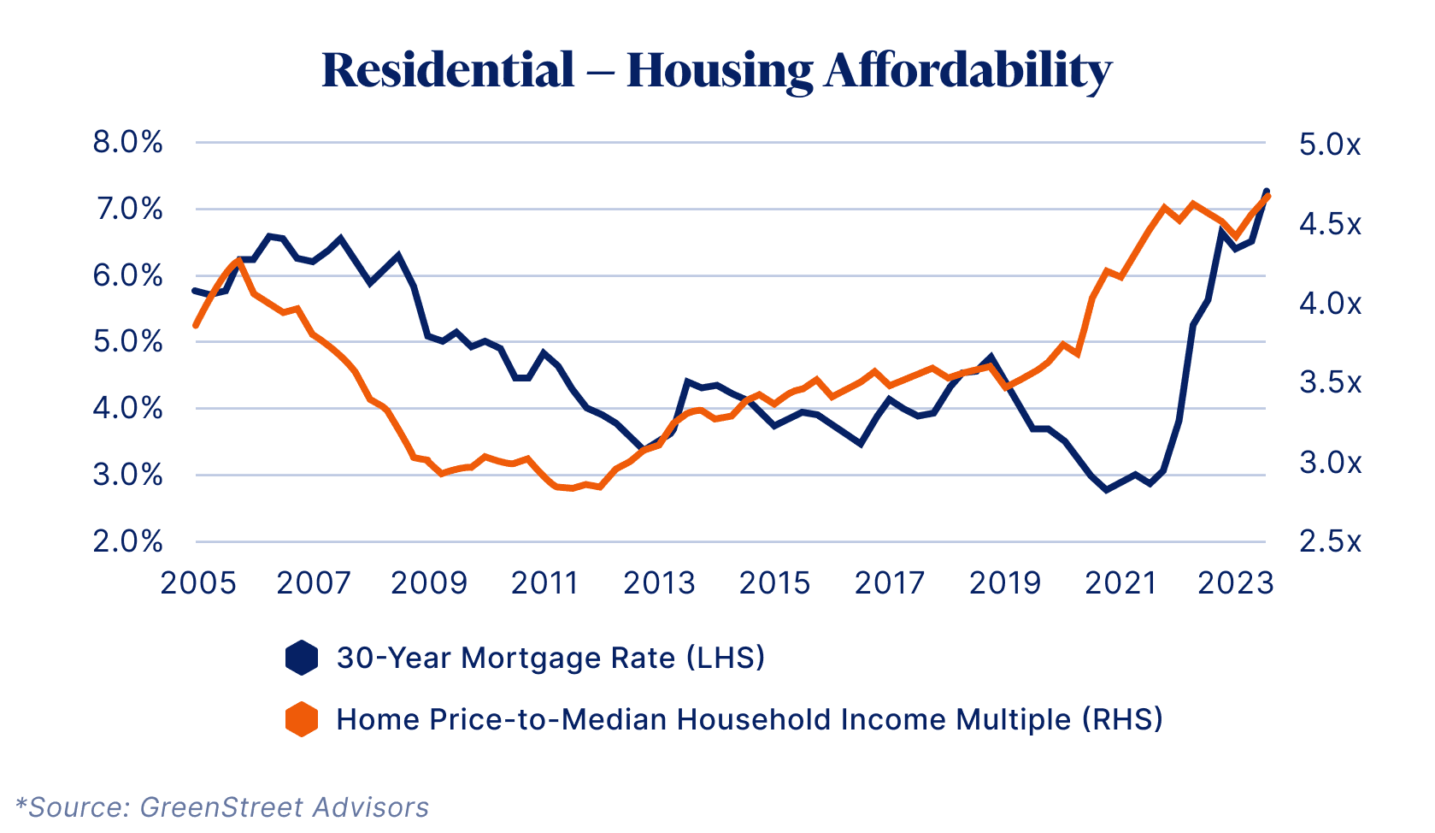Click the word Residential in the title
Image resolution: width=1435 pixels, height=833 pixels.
pyautogui.click(x=448, y=70)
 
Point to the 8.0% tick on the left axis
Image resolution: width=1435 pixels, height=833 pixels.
pyautogui.click(x=127, y=142)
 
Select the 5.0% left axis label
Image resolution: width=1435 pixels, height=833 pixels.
pyautogui.click(x=127, y=342)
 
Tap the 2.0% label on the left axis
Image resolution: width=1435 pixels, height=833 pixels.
pyautogui.click(x=127, y=541)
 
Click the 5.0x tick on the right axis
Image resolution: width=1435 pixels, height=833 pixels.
pyautogui.click(x=1330, y=145)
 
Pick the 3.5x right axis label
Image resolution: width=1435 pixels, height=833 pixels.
pyautogui.click(x=1330, y=382)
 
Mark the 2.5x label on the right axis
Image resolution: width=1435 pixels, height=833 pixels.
pyautogui.click(x=1330, y=541)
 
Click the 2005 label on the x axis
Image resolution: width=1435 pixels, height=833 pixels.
pyautogui.click(x=198, y=583)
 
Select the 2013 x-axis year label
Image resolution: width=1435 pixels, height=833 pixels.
pyautogui.click(x=659, y=583)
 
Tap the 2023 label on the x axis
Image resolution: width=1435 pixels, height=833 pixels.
pyautogui.click(x=1235, y=583)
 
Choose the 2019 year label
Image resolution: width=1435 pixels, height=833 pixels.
pyautogui.click(x=1005, y=583)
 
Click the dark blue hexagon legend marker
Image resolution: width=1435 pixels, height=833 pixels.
pyautogui.click(x=302, y=658)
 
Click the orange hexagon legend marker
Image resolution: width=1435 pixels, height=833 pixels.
pyautogui.click(x=302, y=719)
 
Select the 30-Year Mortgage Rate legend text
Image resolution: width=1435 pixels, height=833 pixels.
pyautogui.click(x=550, y=658)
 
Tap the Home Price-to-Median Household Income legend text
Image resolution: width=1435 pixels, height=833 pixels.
pyautogui.click(x=750, y=719)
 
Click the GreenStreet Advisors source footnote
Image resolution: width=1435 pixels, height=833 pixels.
pyautogui.click(x=222, y=807)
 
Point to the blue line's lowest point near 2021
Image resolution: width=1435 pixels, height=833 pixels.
pyautogui.click(x=1106, y=490)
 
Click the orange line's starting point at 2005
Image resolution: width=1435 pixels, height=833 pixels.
pyautogui.click(x=196, y=326)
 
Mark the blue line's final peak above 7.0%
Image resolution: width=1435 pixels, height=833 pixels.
pyautogui.click(x=1267, y=191)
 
